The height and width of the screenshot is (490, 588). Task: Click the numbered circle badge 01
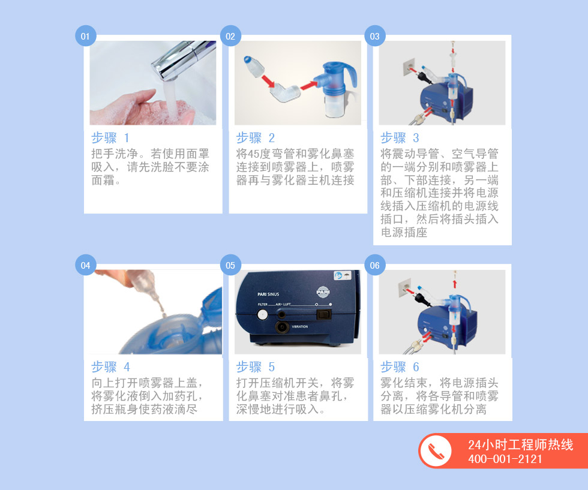(x=85, y=36)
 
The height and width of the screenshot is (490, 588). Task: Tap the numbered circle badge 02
(x=230, y=36)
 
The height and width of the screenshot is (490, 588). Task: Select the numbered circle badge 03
(x=374, y=36)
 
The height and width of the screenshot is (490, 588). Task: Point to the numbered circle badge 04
(x=85, y=265)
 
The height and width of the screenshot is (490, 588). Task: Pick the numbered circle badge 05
(x=230, y=265)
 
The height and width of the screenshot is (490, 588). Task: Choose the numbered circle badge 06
(x=374, y=265)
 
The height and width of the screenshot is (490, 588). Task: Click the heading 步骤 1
(x=110, y=138)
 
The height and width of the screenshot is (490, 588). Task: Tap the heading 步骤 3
(x=400, y=138)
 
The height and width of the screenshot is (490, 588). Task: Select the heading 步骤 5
(x=256, y=367)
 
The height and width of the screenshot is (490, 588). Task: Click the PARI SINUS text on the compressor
(x=268, y=294)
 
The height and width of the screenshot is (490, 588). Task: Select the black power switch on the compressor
(x=325, y=314)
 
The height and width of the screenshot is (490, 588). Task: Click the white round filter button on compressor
(x=263, y=315)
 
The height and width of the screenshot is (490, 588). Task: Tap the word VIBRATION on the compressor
(x=299, y=326)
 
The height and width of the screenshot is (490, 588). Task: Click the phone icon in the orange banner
(x=436, y=450)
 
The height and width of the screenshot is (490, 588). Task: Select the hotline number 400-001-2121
(x=505, y=459)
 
